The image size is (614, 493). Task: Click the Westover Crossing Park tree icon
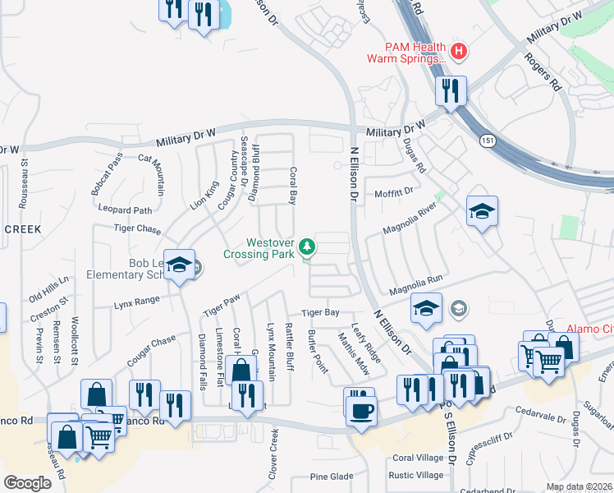click(307, 246)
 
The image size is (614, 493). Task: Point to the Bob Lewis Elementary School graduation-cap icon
click(180, 265)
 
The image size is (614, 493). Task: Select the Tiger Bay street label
click(320, 313)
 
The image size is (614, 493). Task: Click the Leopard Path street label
click(125, 210)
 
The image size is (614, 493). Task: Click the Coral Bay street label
click(291, 186)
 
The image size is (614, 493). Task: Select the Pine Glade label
click(332, 477)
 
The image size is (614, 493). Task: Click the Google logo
click(28, 483)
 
